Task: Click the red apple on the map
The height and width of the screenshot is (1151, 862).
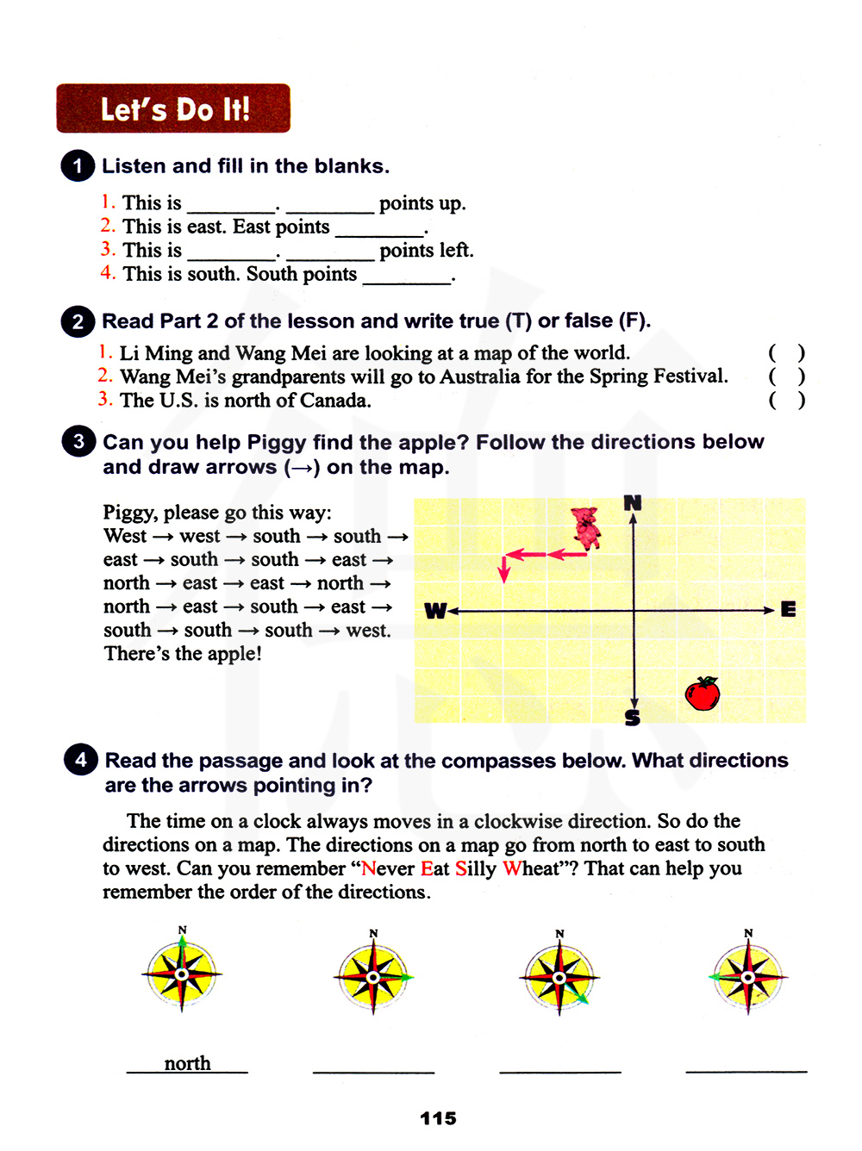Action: (703, 694)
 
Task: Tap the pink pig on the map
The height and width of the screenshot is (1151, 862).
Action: (586, 527)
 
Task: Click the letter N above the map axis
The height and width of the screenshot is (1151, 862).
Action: (633, 502)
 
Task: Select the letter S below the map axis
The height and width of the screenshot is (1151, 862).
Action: (633, 717)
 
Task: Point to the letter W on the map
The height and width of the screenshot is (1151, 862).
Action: (435, 611)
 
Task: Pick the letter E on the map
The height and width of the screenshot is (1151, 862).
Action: (788, 610)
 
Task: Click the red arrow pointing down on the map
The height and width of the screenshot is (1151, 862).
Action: (504, 569)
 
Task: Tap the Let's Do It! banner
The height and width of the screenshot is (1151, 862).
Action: (173, 109)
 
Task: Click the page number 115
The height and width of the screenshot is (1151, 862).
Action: (438, 1118)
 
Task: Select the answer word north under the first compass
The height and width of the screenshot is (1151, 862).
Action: (187, 1063)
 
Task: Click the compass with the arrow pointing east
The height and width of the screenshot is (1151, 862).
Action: (372, 977)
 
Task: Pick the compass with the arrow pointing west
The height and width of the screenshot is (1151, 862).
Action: (747, 977)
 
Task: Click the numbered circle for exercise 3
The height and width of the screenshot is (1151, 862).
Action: (78, 442)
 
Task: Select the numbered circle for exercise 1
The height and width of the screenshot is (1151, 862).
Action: (78, 165)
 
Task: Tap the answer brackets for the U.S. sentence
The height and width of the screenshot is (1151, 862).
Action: (786, 400)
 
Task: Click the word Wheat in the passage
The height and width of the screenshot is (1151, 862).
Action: (532, 868)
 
